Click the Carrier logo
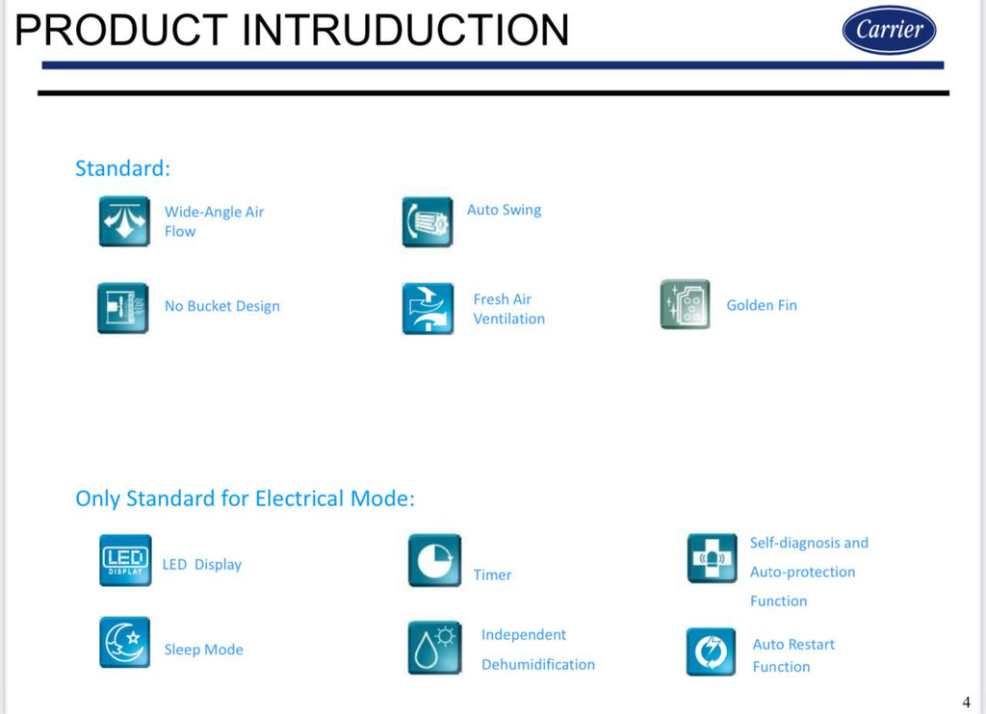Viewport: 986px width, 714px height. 889,30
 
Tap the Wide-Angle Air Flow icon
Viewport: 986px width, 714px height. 124,221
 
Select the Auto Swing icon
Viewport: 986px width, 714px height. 428,222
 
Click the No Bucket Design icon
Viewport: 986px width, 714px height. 123,308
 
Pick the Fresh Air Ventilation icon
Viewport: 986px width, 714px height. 428,309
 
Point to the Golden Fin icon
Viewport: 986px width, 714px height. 686,305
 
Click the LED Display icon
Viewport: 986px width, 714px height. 125,560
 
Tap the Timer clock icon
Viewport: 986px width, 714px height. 434,561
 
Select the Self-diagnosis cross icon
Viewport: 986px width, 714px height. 712,558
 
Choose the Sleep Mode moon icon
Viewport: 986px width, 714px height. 124,642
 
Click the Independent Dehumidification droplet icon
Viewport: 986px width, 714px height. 434,648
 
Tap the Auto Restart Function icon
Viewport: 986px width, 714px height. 712,651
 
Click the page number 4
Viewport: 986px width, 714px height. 967,702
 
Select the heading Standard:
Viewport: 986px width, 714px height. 122,168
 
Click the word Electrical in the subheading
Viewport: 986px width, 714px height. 299,498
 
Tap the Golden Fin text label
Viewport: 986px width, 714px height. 762,305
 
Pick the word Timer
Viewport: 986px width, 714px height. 492,574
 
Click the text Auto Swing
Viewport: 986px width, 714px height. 504,210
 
